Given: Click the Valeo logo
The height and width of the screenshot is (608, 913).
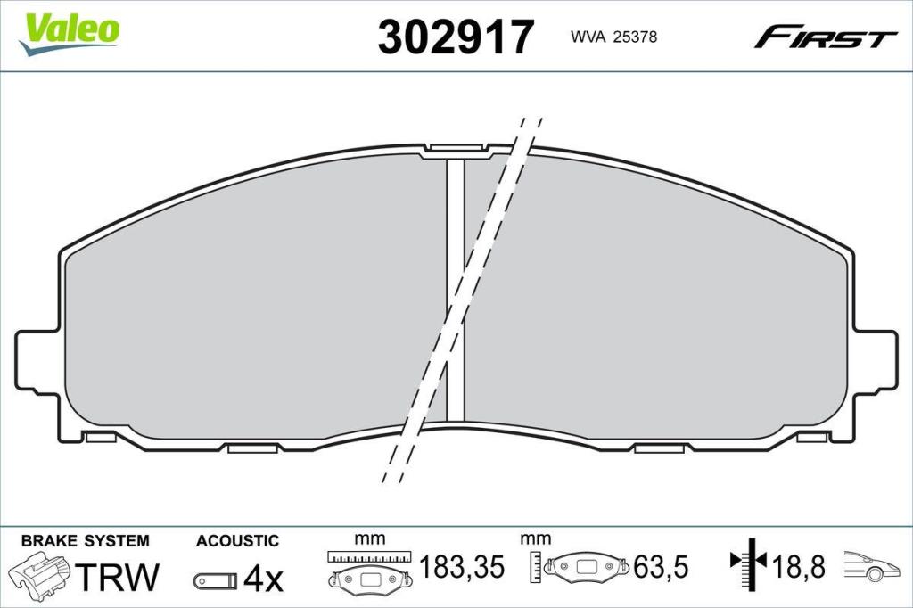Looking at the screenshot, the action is (x=69, y=33).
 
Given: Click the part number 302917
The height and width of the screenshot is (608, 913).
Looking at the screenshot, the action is (x=456, y=37).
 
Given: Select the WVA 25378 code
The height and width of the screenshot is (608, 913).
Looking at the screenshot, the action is (x=613, y=37).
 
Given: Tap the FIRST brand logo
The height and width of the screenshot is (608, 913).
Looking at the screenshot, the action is (x=825, y=37).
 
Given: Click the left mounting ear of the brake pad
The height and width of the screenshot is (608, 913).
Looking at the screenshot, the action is (x=37, y=359).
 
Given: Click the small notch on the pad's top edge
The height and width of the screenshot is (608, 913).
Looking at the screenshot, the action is (x=456, y=150).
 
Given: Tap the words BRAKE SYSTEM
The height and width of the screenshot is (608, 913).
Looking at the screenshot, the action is (x=85, y=541).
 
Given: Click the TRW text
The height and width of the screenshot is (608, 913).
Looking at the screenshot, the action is (x=117, y=577).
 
